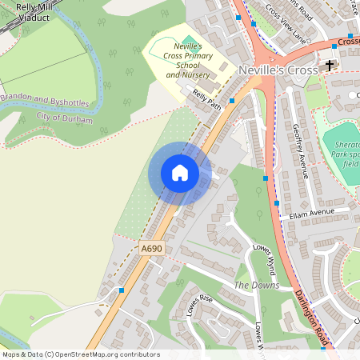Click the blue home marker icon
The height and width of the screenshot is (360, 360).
click(180, 174)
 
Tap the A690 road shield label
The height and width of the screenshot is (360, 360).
click(151, 250)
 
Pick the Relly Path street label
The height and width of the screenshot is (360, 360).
click(206, 100)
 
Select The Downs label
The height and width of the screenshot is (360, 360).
click(257, 286)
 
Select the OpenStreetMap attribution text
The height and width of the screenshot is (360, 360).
click(80, 354)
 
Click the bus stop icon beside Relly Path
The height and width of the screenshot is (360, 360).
click(232, 102)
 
